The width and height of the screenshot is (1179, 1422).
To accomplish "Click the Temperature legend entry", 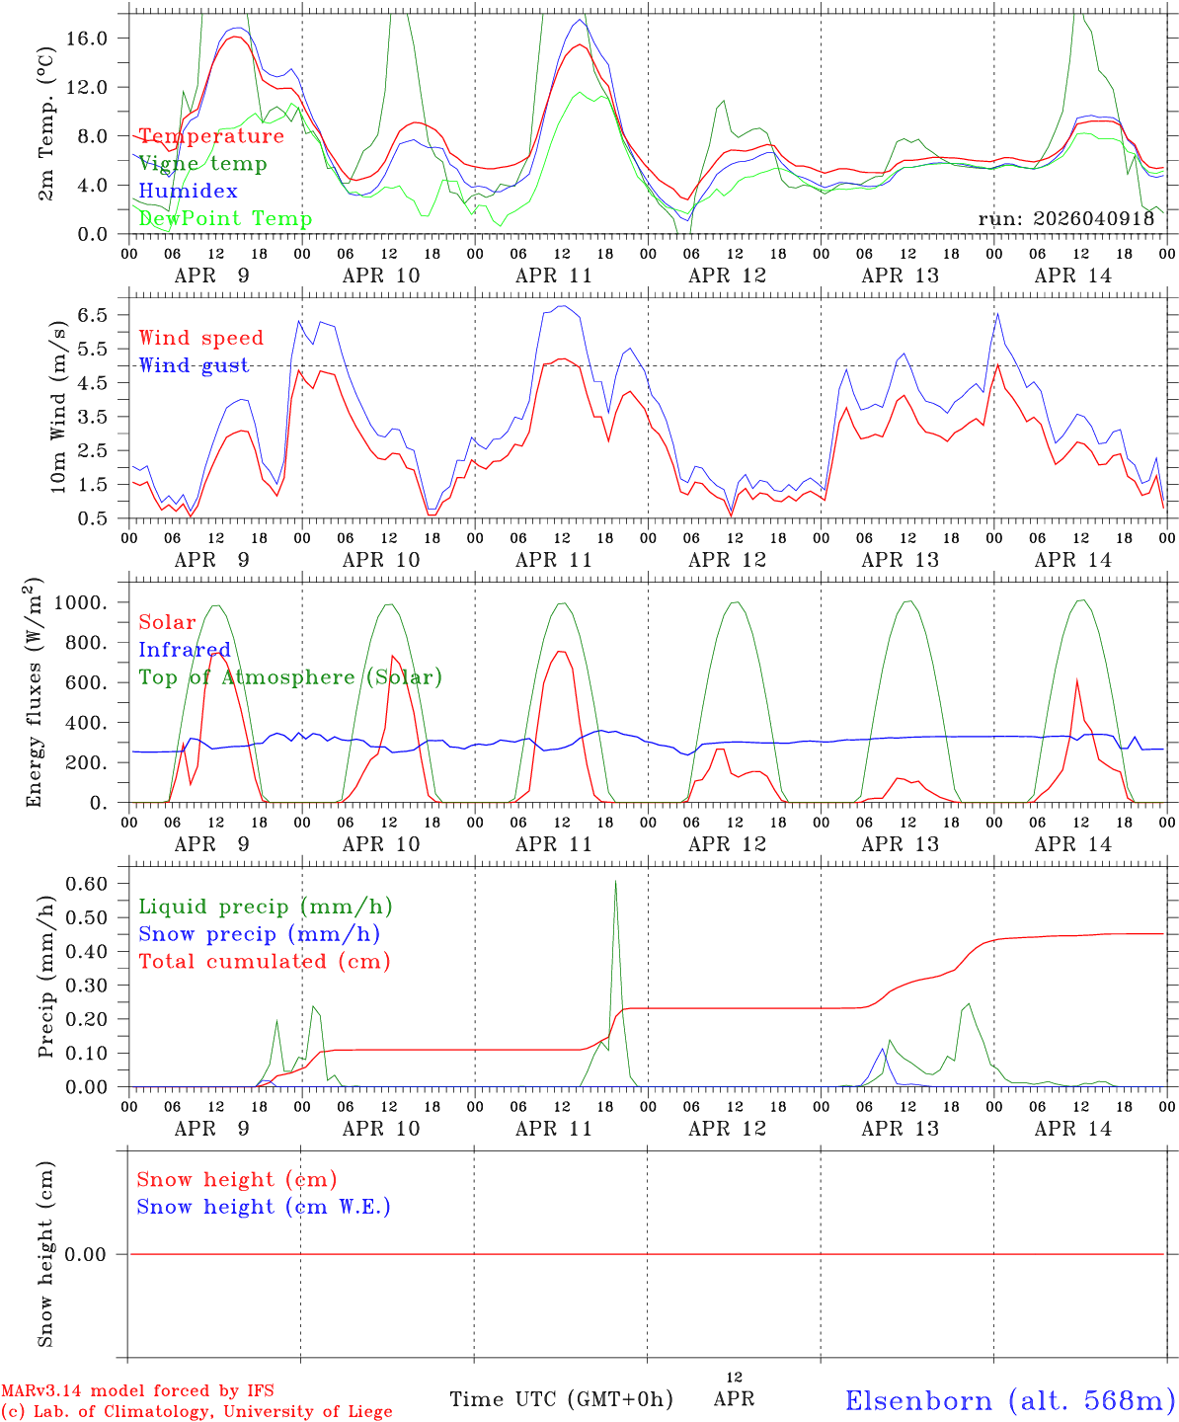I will click(x=211, y=136).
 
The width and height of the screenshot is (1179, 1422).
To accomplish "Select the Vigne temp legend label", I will click(x=202, y=164).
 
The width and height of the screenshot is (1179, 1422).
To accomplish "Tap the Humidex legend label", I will click(x=188, y=192).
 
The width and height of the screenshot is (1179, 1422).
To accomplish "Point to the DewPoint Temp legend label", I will click(x=225, y=218).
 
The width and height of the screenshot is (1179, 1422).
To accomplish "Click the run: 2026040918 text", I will click(x=1065, y=219).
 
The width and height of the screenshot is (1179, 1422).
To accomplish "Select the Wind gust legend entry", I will click(x=194, y=365).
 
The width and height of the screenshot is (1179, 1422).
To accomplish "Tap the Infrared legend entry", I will click(x=185, y=650).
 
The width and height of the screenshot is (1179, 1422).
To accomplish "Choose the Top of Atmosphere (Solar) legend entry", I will click(x=290, y=677).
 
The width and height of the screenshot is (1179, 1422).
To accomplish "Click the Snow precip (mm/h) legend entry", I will click(x=260, y=934).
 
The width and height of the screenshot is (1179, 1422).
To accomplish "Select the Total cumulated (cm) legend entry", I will click(x=265, y=962).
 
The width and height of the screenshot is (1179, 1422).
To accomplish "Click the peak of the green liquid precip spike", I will click(x=615, y=881).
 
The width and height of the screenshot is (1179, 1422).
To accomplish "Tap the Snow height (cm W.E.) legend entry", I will click(x=264, y=1207).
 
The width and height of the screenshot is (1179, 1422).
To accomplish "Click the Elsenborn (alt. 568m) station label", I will click(x=1009, y=1400).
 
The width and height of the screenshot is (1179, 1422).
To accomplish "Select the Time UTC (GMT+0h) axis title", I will click(x=561, y=1399).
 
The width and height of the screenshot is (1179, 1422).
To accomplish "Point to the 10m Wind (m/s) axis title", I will click(x=58, y=409).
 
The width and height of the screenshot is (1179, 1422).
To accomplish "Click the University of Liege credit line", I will click(x=196, y=1412).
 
